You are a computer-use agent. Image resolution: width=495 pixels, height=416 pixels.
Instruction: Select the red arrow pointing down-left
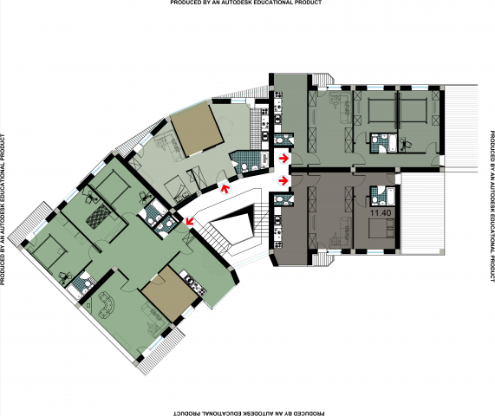(190, 221)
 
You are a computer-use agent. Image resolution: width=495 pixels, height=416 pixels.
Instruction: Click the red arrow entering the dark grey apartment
(283, 181)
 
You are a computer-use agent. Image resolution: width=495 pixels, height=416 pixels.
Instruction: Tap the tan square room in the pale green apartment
(197, 130)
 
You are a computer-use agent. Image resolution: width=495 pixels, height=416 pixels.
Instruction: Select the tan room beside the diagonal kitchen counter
(170, 294)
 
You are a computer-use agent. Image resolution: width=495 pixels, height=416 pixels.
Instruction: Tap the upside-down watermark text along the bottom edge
(249, 413)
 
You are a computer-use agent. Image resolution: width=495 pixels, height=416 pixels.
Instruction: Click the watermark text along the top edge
(246, 3)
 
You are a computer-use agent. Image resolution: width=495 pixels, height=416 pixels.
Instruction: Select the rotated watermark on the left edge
(3, 210)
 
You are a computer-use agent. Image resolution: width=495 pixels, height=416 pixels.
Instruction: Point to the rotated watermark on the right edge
(492, 205)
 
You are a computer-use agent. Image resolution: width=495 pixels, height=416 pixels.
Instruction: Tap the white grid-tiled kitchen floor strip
(256, 127)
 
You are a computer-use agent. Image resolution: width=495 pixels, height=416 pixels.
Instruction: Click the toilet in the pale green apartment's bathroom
(244, 166)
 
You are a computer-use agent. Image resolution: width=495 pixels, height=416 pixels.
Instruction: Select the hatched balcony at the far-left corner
(29, 223)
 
